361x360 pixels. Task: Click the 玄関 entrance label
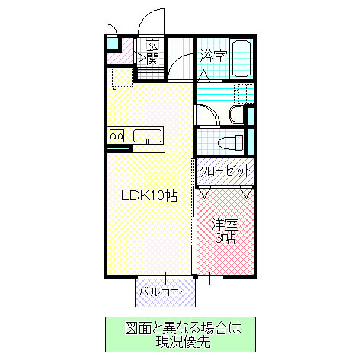point(152,52)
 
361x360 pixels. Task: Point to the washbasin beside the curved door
point(236,115)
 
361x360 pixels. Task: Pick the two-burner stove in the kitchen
point(117,136)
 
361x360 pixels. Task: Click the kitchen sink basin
point(147,137)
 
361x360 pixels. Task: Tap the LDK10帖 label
point(149,196)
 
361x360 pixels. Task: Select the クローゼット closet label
point(225,171)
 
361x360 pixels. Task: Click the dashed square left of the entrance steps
point(121,78)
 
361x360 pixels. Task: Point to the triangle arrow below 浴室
point(203,75)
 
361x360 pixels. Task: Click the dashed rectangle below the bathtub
point(244,94)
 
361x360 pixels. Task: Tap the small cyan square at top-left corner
point(112,43)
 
